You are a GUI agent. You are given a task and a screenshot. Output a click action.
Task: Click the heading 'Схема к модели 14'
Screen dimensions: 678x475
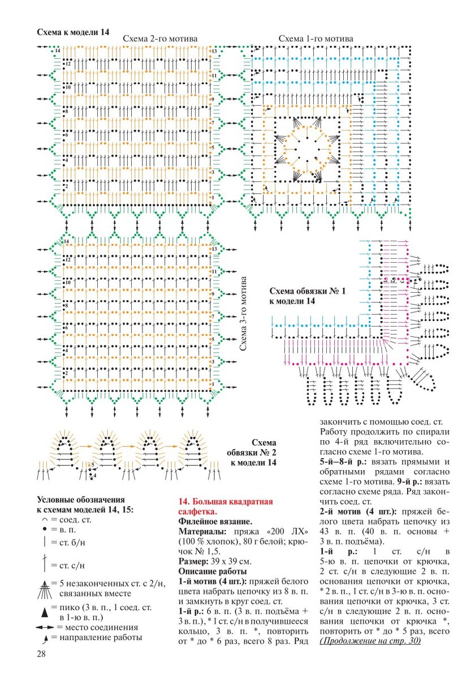coord(73,32)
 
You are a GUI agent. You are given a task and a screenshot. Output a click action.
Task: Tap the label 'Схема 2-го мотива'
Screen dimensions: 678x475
coord(161,38)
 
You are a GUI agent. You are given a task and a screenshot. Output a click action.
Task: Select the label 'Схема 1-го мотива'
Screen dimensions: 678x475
coord(316,38)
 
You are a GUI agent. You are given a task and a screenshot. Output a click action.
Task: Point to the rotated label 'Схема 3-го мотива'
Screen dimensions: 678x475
coord(244,314)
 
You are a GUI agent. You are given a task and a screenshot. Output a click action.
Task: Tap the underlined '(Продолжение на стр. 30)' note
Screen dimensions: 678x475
coord(370,642)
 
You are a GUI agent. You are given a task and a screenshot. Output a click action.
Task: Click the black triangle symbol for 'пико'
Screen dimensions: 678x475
coord(44,611)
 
